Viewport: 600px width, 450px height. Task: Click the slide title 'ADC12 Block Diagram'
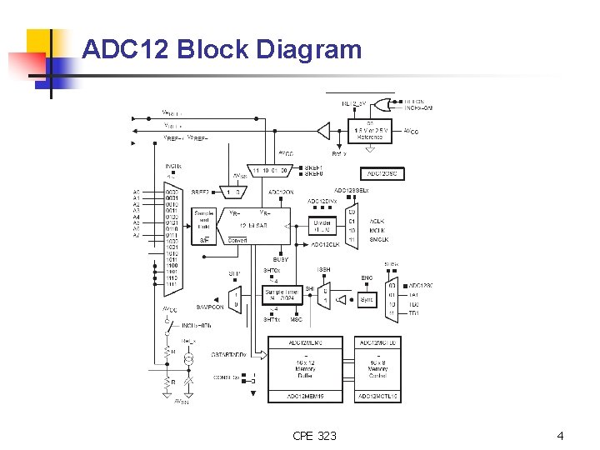point(222,50)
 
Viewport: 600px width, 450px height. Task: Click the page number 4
point(560,436)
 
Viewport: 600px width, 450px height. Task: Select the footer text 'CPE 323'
point(315,436)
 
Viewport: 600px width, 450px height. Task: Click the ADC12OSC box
point(382,174)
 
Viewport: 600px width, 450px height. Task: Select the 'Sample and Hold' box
point(204,222)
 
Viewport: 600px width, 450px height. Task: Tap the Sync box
point(367,299)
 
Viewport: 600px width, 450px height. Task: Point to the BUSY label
point(281,260)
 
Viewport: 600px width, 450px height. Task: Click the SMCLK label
point(378,240)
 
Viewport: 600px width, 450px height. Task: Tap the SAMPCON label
point(210,307)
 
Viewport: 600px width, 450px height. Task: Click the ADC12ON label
point(281,192)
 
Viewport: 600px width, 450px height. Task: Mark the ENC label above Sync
point(367,278)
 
